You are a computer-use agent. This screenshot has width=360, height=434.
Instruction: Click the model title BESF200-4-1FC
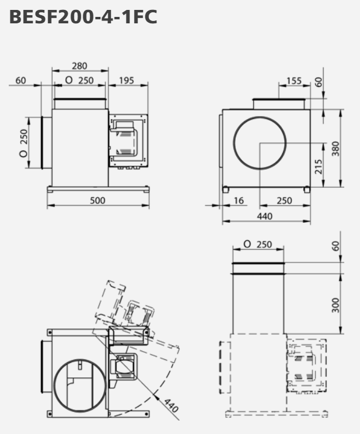click(x=83, y=17)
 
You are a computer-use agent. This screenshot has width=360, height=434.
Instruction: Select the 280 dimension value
click(x=80, y=66)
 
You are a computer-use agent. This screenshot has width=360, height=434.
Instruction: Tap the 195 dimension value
click(x=127, y=80)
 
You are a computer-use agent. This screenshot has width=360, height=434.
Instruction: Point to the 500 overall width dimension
click(x=98, y=200)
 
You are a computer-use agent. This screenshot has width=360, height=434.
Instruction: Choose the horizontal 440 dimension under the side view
click(x=265, y=216)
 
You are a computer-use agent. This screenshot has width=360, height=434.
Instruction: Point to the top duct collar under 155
click(x=278, y=103)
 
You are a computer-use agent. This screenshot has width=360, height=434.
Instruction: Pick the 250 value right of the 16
click(x=284, y=200)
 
